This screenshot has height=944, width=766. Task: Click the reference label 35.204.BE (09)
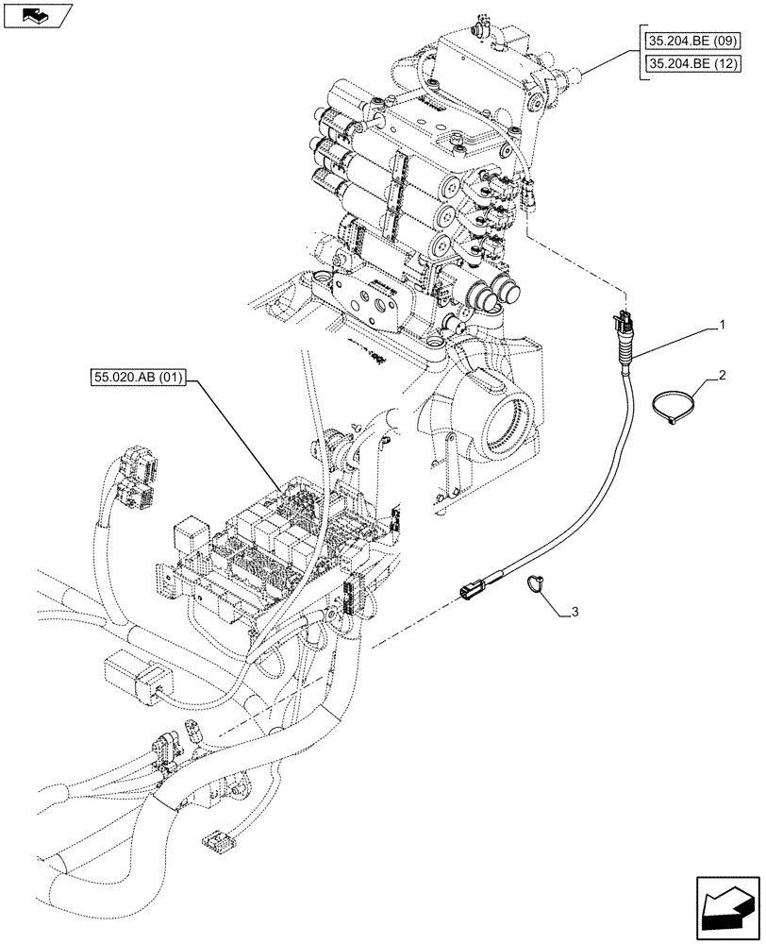click(x=695, y=42)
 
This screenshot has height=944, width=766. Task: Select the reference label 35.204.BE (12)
click(x=695, y=64)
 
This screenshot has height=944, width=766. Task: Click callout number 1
click(x=721, y=326)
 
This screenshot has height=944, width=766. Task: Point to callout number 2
click(x=721, y=376)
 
